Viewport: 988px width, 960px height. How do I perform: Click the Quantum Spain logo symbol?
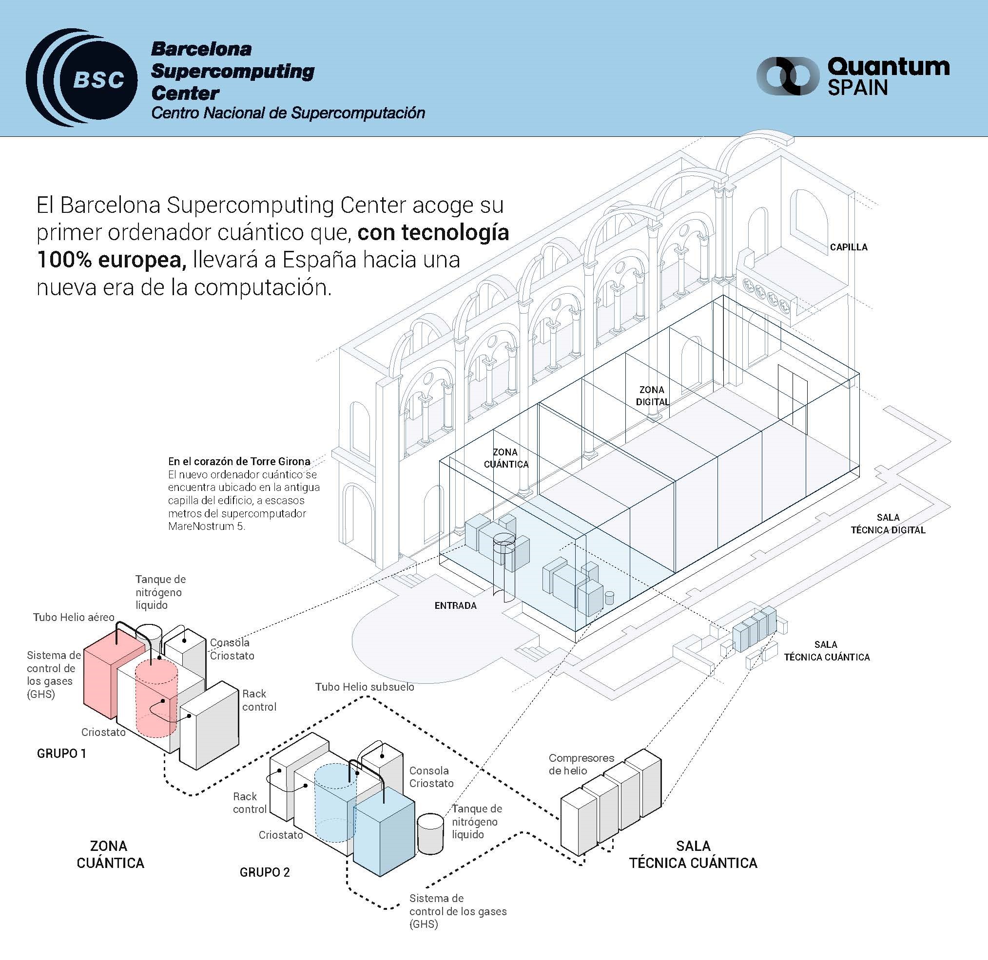click(788, 76)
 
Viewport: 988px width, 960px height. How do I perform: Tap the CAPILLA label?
click(849, 247)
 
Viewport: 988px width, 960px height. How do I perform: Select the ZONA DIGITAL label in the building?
click(652, 396)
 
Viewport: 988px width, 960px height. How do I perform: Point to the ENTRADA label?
click(455, 605)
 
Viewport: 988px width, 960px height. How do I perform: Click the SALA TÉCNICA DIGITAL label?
click(888, 524)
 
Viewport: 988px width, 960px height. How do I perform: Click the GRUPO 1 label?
click(61, 753)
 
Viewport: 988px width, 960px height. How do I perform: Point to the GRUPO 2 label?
click(264, 872)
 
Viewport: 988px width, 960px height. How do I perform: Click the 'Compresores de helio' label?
click(581, 764)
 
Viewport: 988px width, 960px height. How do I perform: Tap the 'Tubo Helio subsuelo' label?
click(364, 687)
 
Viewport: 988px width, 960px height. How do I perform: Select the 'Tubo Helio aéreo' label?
click(74, 617)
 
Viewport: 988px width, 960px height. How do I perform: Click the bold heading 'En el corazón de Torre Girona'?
click(239, 461)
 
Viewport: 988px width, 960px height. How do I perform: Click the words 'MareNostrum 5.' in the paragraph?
click(206, 527)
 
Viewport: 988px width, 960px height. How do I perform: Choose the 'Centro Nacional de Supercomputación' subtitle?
click(288, 113)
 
